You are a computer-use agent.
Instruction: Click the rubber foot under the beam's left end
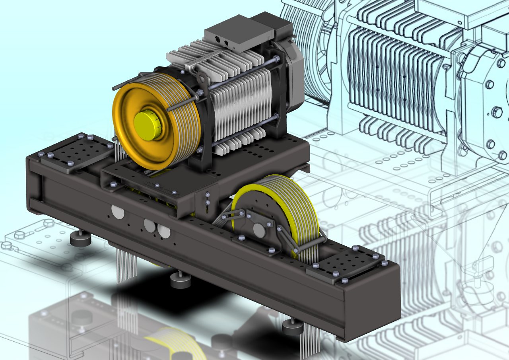click(x=80, y=239)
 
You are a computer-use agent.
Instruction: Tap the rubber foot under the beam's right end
click(x=293, y=327)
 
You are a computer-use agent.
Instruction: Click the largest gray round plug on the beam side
click(x=118, y=212)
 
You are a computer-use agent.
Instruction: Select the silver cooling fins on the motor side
click(x=243, y=107)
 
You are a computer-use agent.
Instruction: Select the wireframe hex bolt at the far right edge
click(x=497, y=112)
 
